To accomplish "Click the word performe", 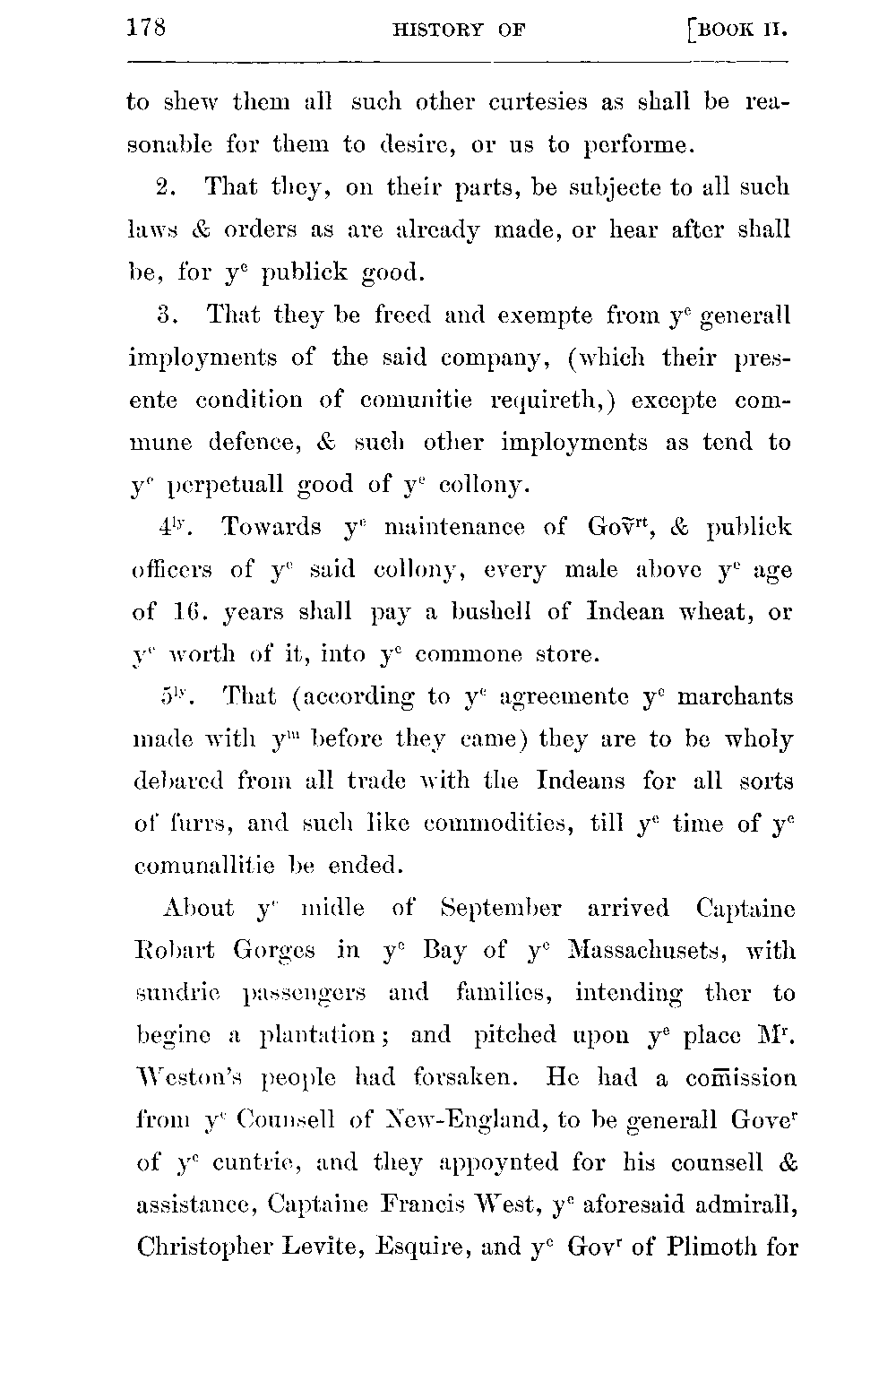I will pyautogui.click(x=635, y=145).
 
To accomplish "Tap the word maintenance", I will pyautogui.click(x=453, y=528).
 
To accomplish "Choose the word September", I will pyautogui.click(x=502, y=909).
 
